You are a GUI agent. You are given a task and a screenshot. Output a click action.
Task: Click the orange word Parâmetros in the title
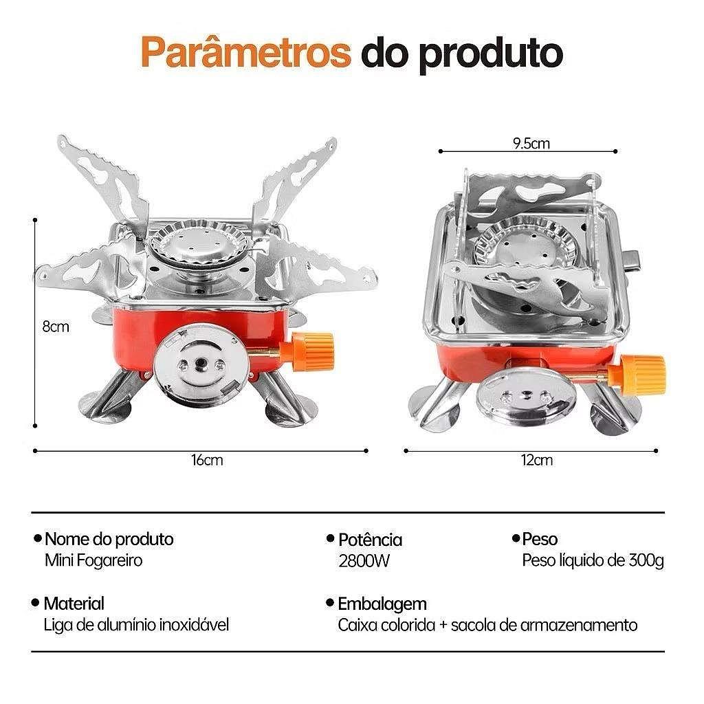(x=245, y=52)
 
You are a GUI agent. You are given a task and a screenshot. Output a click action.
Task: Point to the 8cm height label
(x=56, y=327)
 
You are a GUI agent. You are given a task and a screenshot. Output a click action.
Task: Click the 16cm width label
(x=207, y=460)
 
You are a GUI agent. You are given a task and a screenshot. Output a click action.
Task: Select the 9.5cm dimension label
(x=531, y=143)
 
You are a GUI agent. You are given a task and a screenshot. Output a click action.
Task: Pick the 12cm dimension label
(x=537, y=460)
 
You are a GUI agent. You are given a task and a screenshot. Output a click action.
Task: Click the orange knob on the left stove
(x=313, y=351)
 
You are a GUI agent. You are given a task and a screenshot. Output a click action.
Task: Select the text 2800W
(x=364, y=561)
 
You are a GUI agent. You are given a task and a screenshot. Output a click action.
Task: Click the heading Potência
(x=370, y=540)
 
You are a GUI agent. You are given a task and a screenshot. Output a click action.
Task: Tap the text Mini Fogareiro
(x=93, y=561)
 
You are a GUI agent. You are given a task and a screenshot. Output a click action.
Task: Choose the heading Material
(x=74, y=604)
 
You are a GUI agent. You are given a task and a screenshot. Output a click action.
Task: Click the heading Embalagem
(x=382, y=604)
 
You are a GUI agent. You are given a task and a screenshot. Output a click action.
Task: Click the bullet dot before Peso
(x=516, y=538)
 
